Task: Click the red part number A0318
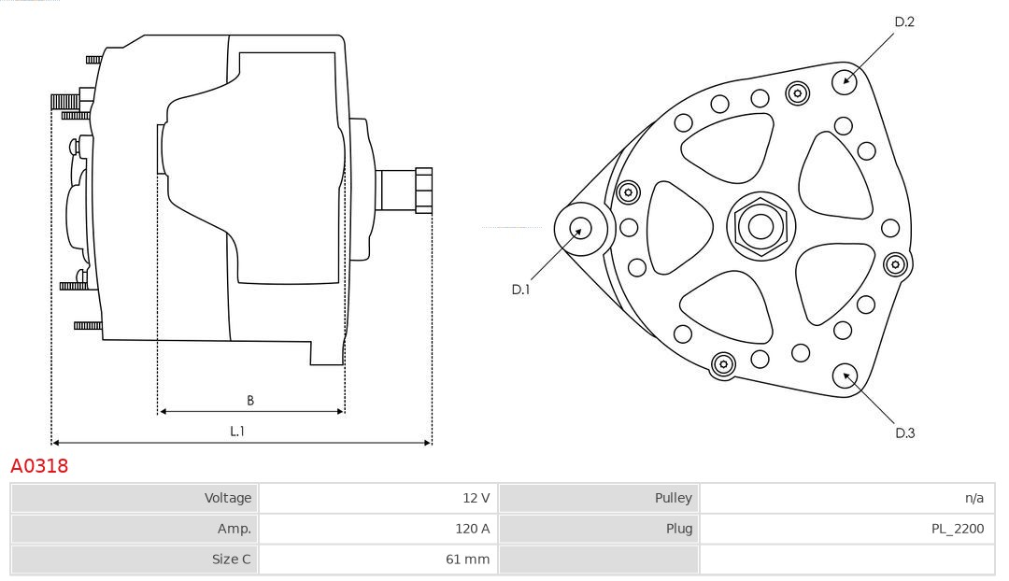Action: pyautogui.click(x=39, y=466)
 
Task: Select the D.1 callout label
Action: pyautogui.click(x=520, y=290)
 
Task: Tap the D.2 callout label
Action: pyautogui.click(x=904, y=21)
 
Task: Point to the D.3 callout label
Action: pyautogui.click(x=904, y=433)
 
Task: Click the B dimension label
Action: pyautogui.click(x=250, y=400)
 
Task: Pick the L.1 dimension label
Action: pyautogui.click(x=237, y=432)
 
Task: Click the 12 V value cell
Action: pyautogui.click(x=476, y=498)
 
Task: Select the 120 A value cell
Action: pyautogui.click(x=473, y=529)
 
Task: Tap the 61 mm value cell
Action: pyautogui.click(x=468, y=560)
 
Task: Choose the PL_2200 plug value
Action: pyautogui.click(x=958, y=529)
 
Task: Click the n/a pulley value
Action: pyautogui.click(x=974, y=498)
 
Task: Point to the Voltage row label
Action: pyautogui.click(x=228, y=498)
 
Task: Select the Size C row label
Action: pyautogui.click(x=232, y=560)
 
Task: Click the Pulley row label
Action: pyautogui.click(x=673, y=498)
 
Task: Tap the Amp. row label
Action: pyautogui.click(x=234, y=529)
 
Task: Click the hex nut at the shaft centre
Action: pyautogui.click(x=760, y=226)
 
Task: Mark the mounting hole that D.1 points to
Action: pyautogui.click(x=581, y=229)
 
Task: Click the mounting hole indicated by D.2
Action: pyautogui.click(x=845, y=81)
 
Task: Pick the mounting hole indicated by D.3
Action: pyautogui.click(x=845, y=376)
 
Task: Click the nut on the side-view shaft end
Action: pyautogui.click(x=424, y=191)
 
